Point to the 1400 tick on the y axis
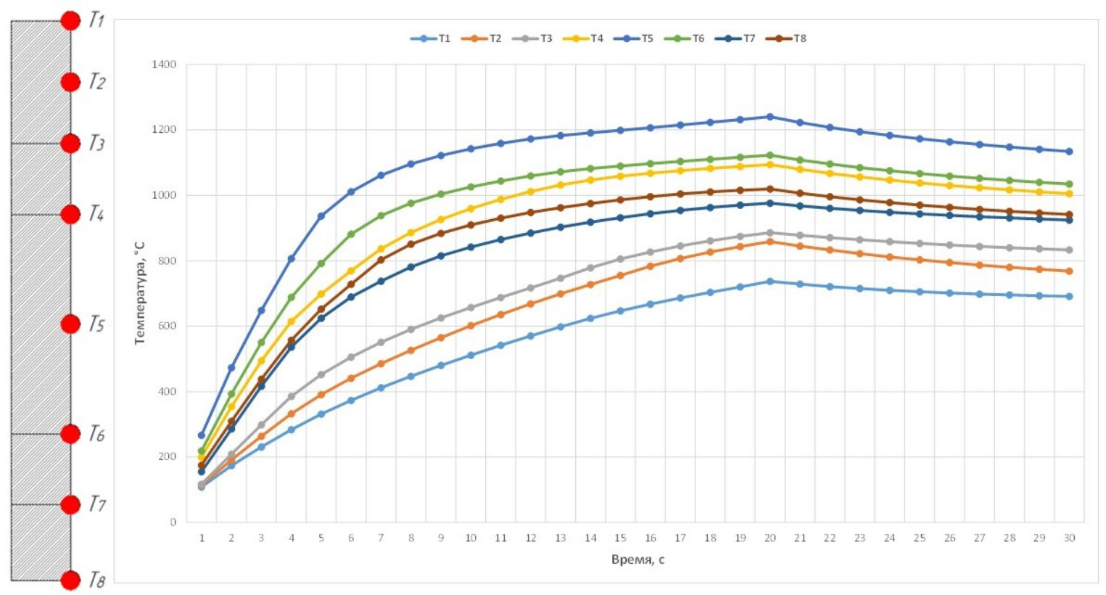click(164, 65)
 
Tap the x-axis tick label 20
click(769, 538)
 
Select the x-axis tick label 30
click(1069, 538)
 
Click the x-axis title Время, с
click(637, 559)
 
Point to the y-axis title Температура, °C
click(139, 293)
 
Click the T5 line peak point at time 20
click(770, 117)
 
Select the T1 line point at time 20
click(770, 282)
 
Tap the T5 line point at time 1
click(202, 435)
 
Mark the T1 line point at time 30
click(1069, 296)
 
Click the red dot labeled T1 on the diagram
click(70, 20)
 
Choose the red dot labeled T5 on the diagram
click(70, 324)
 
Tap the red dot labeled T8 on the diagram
click(70, 580)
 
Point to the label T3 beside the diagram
click(96, 143)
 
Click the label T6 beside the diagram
click(96, 434)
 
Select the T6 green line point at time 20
click(770, 155)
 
